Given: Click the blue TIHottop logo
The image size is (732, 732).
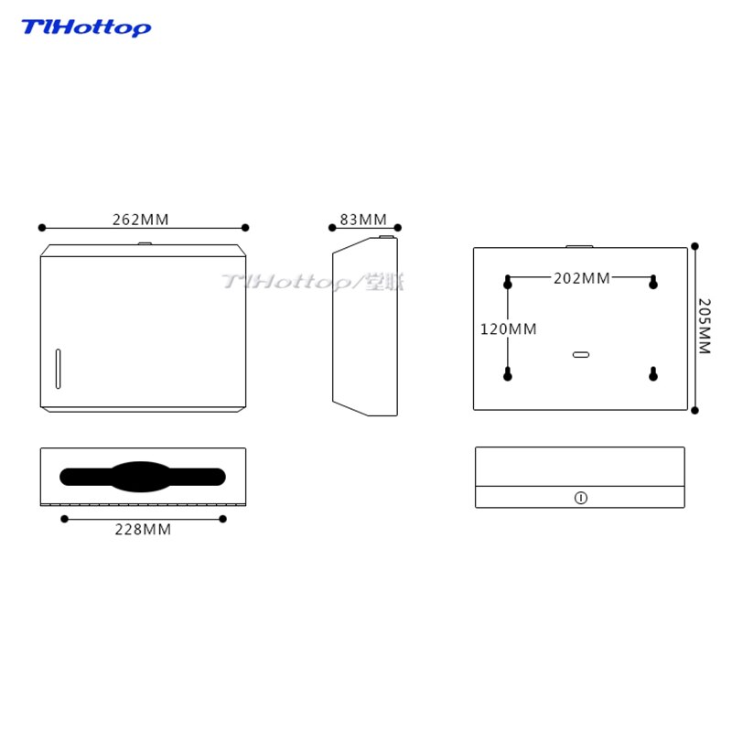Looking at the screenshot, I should [86, 28].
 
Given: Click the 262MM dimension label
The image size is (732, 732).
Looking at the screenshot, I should [141, 220].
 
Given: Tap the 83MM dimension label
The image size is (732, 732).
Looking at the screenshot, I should [363, 220].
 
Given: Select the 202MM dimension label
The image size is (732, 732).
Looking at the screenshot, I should [582, 278].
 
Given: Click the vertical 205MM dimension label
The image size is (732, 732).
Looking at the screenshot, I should [705, 327].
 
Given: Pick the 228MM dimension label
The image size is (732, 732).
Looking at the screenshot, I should [143, 529].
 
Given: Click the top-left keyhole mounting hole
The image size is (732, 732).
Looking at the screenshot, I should [508, 283].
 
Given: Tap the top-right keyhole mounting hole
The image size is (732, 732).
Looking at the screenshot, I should [653, 283].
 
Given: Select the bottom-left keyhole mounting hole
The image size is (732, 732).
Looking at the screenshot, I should [508, 374].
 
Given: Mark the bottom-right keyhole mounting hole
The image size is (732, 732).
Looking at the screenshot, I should [653, 374].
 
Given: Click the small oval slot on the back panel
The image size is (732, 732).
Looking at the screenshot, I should [581, 354].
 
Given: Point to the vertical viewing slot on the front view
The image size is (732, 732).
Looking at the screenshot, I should [59, 368].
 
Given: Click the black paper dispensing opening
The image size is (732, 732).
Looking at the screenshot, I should [143, 477].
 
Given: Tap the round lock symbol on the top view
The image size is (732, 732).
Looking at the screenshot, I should [580, 498].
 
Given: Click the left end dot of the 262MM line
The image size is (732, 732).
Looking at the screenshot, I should [41, 228].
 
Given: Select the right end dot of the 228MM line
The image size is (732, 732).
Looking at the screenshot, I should [222, 519].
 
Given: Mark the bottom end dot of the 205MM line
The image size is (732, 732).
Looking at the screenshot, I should [694, 410].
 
